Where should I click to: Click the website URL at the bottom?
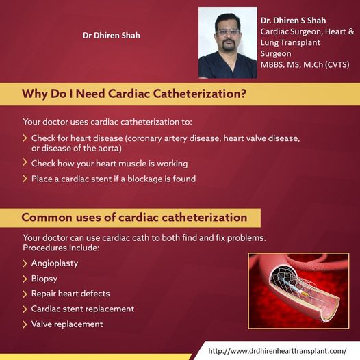click(277, 351)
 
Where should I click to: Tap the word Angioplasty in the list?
click(55, 263)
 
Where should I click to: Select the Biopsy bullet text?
click(44, 279)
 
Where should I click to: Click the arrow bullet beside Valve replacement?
click(25, 324)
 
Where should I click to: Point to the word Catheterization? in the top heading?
click(200, 94)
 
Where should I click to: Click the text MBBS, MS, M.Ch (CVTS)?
click(305, 64)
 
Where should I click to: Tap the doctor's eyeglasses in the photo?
click(228, 32)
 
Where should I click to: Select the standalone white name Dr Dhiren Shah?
click(112, 36)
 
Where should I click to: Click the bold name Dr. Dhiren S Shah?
click(293, 21)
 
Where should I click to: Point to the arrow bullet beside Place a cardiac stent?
click(25, 179)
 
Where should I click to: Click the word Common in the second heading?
click(47, 217)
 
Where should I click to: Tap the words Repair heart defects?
click(70, 294)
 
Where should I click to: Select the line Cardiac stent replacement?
click(83, 309)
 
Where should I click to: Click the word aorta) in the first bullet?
click(110, 149)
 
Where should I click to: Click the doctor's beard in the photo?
click(229, 46)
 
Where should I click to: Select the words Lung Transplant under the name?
click(290, 42)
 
